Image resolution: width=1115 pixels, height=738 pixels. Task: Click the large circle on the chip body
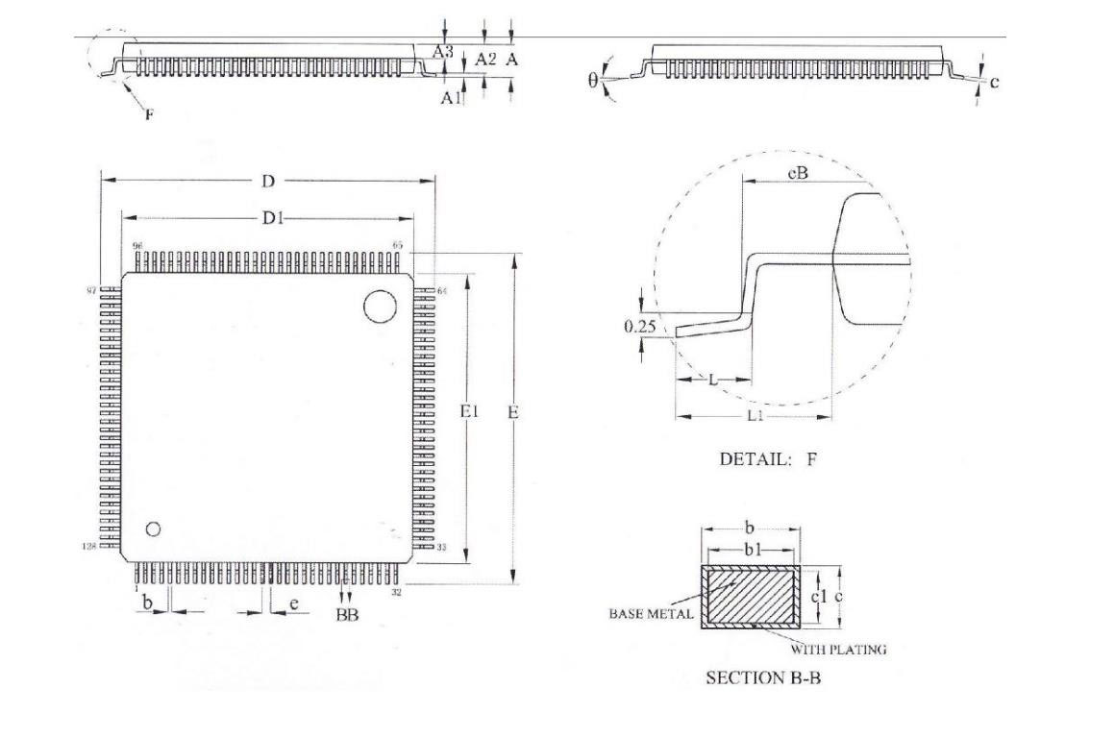(380, 307)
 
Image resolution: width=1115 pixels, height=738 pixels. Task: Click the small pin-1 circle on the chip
(152, 529)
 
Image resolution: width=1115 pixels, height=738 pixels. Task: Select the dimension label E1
(469, 411)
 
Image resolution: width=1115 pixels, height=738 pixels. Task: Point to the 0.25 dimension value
(639, 327)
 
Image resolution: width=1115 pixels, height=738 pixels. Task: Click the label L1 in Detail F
(756, 416)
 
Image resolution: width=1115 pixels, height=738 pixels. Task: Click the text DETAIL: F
(768, 459)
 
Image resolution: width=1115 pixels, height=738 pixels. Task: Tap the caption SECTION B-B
(763, 678)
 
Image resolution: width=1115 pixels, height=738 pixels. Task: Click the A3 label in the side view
(442, 52)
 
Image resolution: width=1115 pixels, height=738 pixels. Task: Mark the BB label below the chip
(346, 616)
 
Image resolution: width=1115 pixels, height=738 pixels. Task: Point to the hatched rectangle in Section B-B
(752, 595)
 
